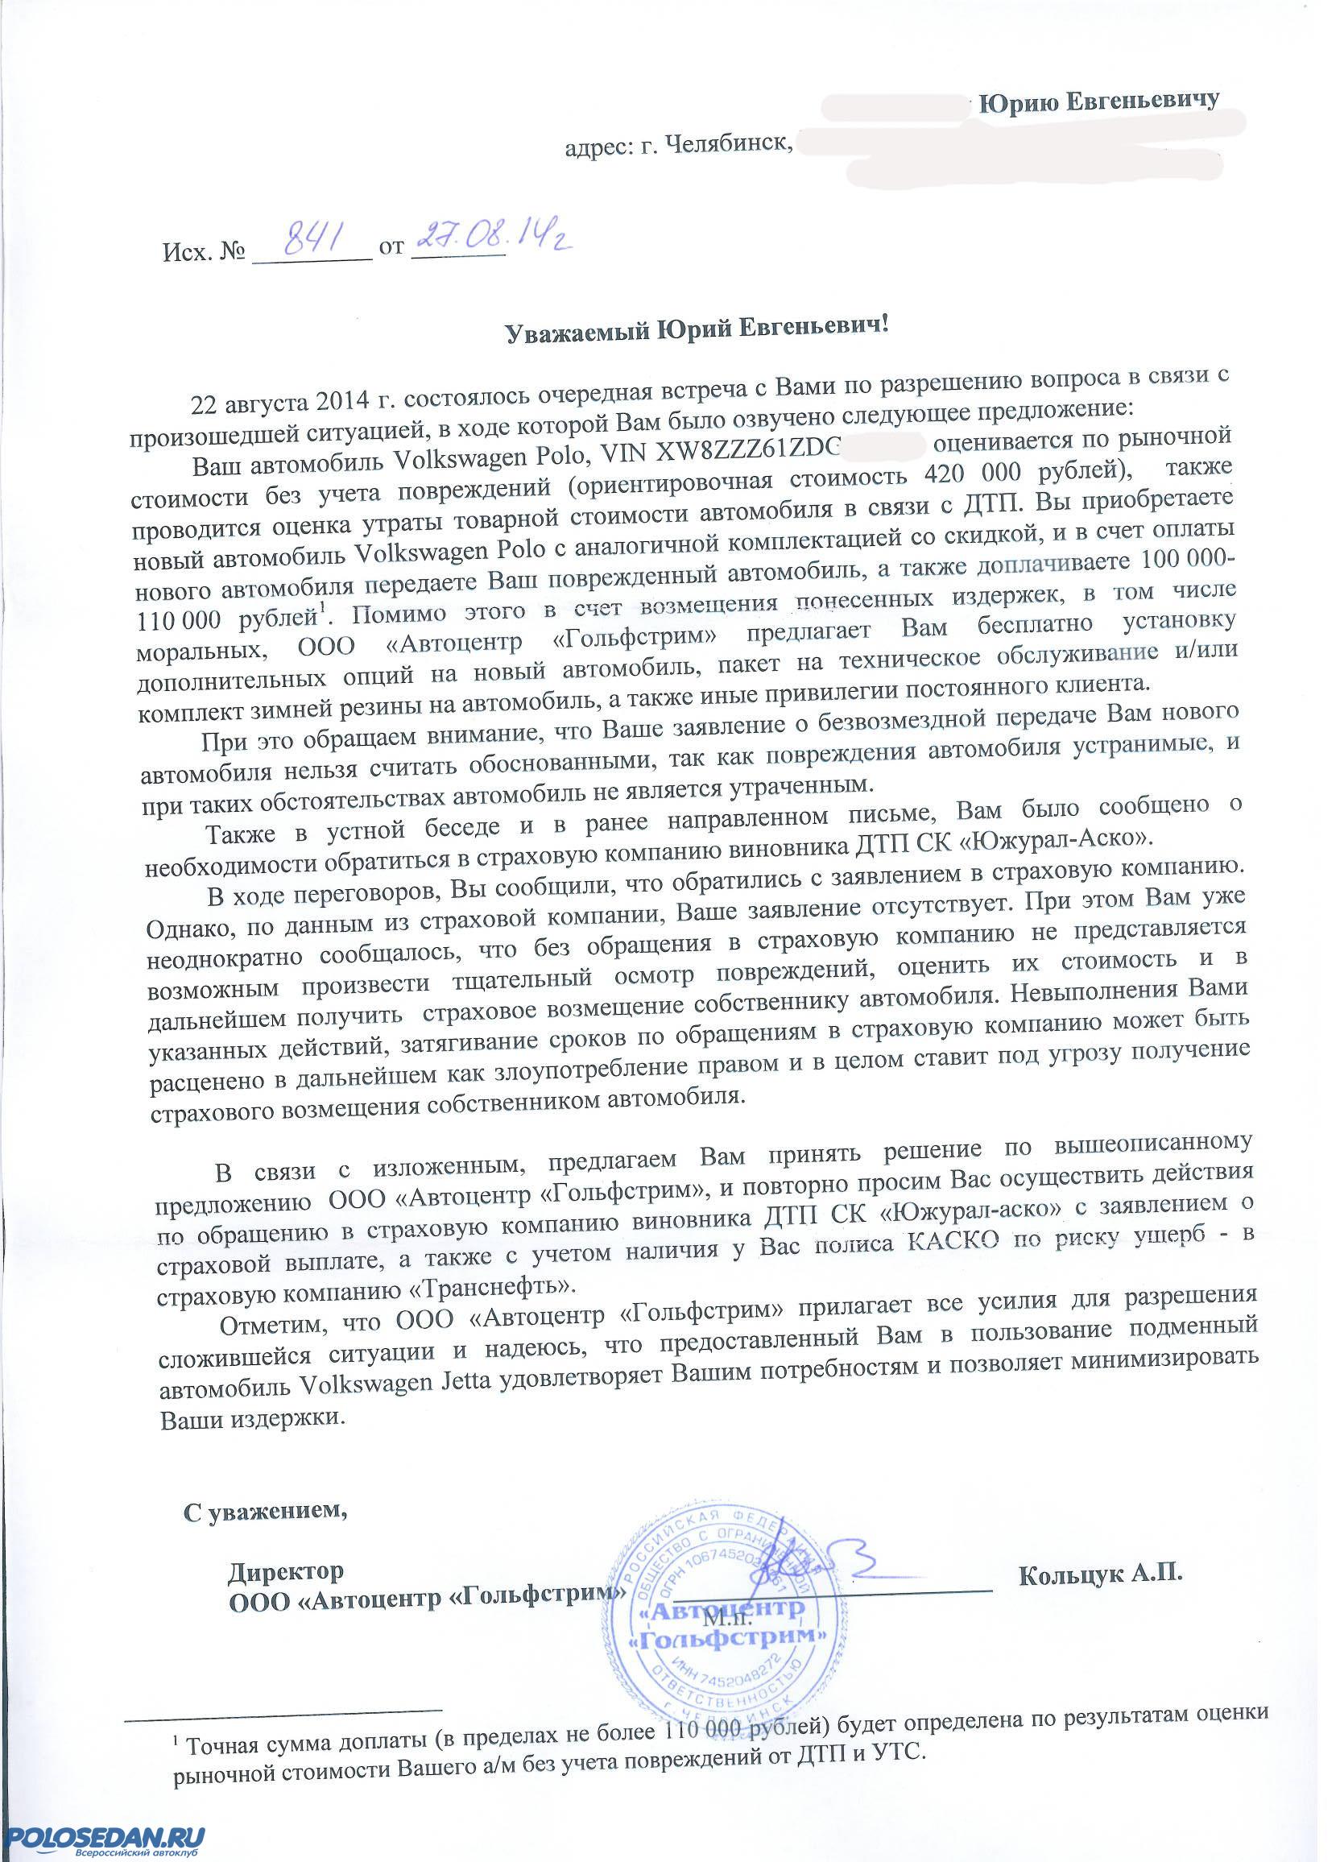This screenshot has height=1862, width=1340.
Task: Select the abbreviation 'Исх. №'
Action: [205, 247]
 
